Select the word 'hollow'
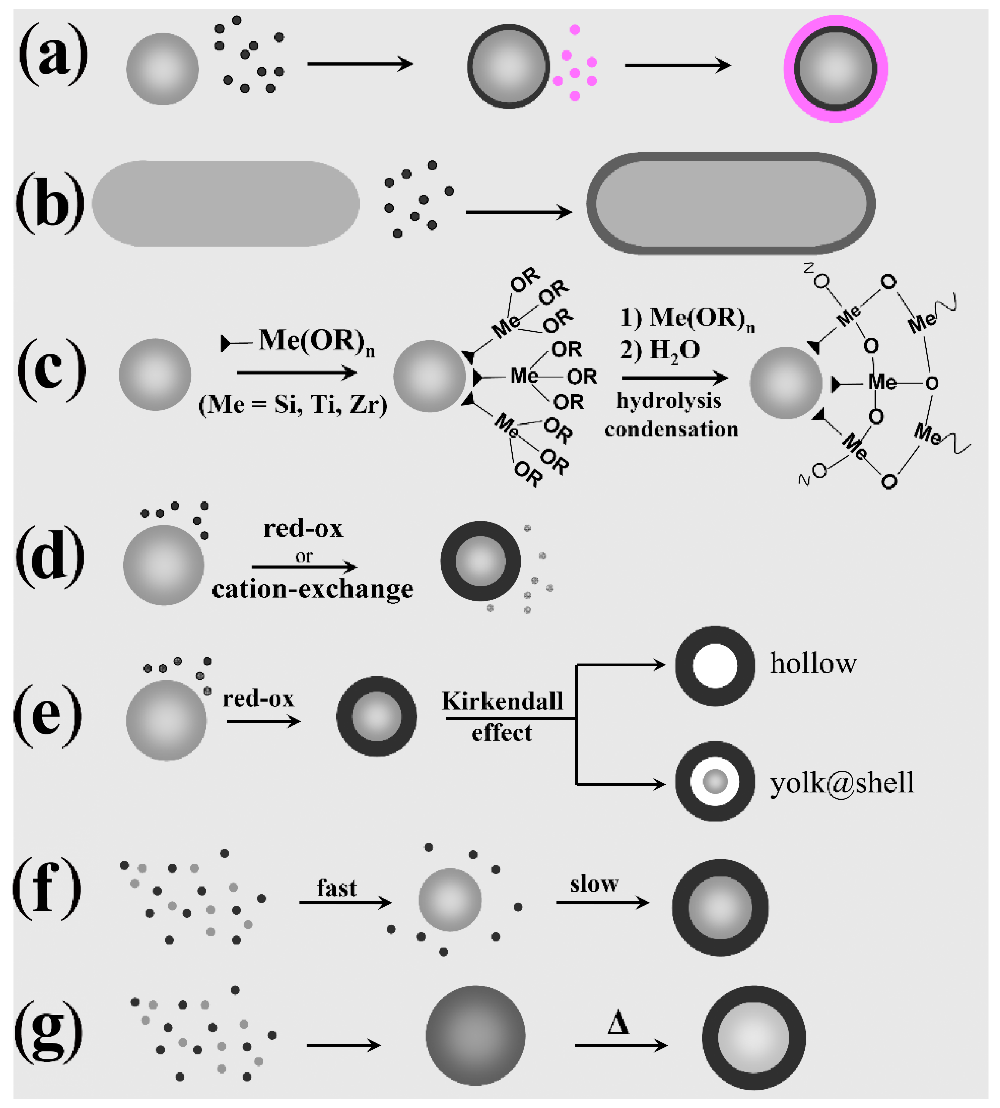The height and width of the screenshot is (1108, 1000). point(813,664)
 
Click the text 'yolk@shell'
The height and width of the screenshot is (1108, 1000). point(841,783)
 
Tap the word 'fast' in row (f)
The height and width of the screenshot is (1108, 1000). point(336,888)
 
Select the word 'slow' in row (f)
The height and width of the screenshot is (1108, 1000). point(594,884)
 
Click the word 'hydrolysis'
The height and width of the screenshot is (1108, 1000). point(668,401)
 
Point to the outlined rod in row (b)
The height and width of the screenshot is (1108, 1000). point(730,203)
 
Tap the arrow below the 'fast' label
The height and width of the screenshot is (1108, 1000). point(345,902)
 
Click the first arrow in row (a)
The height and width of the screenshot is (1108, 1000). point(360,64)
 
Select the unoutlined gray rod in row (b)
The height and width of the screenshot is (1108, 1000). point(225,203)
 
